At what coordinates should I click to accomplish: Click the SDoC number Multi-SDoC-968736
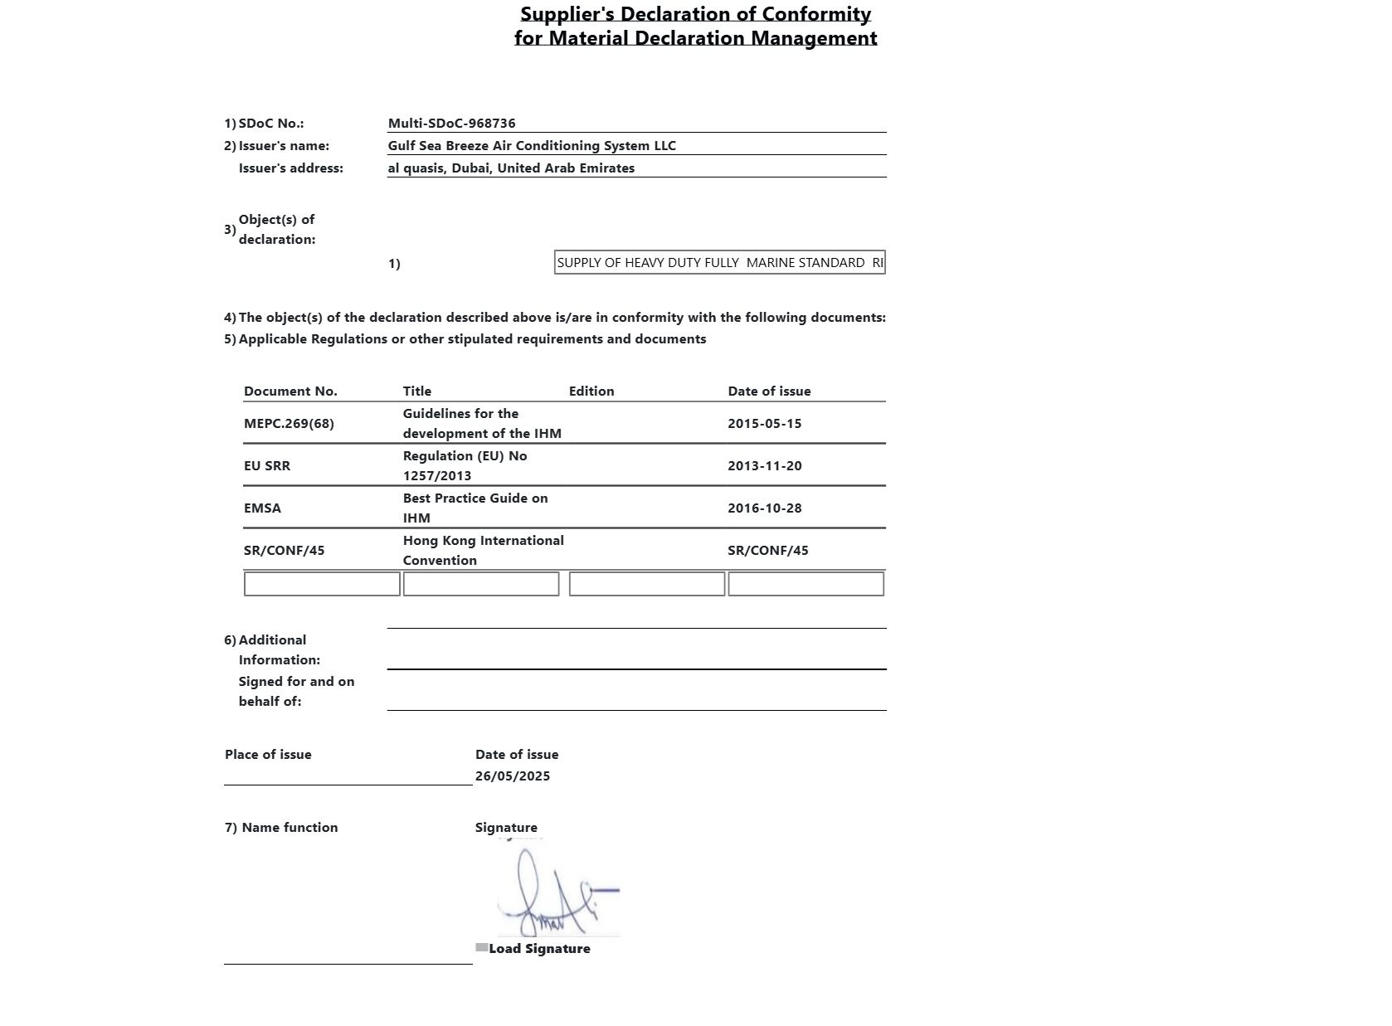coord(452,124)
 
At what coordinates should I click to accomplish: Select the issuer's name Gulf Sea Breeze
coord(532,146)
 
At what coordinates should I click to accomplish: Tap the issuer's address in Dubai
coord(511,168)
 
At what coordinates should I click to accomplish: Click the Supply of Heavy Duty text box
coord(719,263)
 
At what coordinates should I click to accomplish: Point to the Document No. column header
coord(290,391)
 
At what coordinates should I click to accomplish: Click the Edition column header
coord(591,391)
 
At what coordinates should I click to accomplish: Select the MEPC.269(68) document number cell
coord(289,424)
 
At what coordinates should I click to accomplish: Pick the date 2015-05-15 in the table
coord(765,424)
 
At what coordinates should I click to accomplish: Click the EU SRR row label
coord(267,466)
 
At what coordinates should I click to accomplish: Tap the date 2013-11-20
coord(765,466)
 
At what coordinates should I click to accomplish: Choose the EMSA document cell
coord(262,508)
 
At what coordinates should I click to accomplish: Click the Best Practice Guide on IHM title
coord(475,508)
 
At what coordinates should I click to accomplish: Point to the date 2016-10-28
coord(765,508)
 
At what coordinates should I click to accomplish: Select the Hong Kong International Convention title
coord(483,550)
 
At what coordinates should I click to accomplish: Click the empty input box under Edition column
coord(647,584)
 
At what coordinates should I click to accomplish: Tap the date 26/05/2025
coord(513,776)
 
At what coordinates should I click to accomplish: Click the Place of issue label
coord(268,755)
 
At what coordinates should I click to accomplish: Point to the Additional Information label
coord(279,650)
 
